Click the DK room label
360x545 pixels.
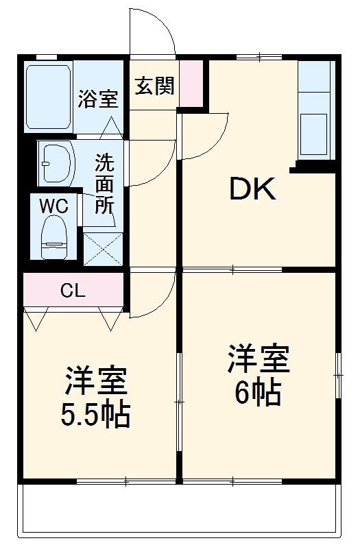coord(252,190)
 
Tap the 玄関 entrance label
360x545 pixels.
coord(154,86)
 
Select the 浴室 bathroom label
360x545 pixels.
coord(97,99)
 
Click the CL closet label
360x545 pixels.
coord(72,291)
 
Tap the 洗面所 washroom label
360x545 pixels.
coord(104,184)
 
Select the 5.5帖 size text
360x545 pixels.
coord(97,415)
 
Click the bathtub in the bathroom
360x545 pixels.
coord(49,97)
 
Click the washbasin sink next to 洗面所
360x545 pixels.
coord(57,163)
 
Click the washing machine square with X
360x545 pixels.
coord(103,248)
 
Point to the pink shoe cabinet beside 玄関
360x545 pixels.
coord(193,83)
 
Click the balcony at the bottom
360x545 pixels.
coord(180,510)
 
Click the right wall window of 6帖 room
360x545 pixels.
coord(337,375)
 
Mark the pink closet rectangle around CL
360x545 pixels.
coord(72,291)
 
